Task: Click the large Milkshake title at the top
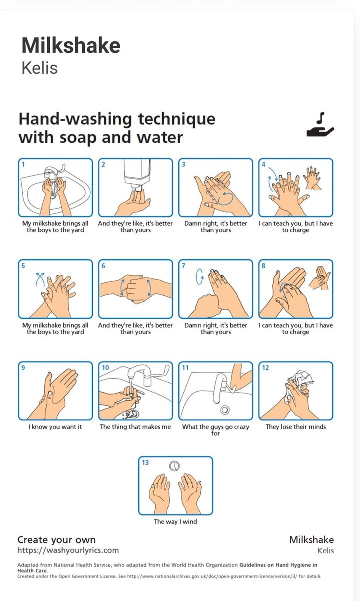click(71, 45)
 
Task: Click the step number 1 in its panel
click(23, 164)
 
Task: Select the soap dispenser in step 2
click(137, 173)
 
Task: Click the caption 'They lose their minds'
click(296, 427)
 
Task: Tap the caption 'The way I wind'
click(175, 521)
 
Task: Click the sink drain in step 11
click(225, 410)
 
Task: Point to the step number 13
click(145, 463)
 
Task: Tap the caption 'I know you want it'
click(55, 427)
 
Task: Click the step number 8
click(264, 266)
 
